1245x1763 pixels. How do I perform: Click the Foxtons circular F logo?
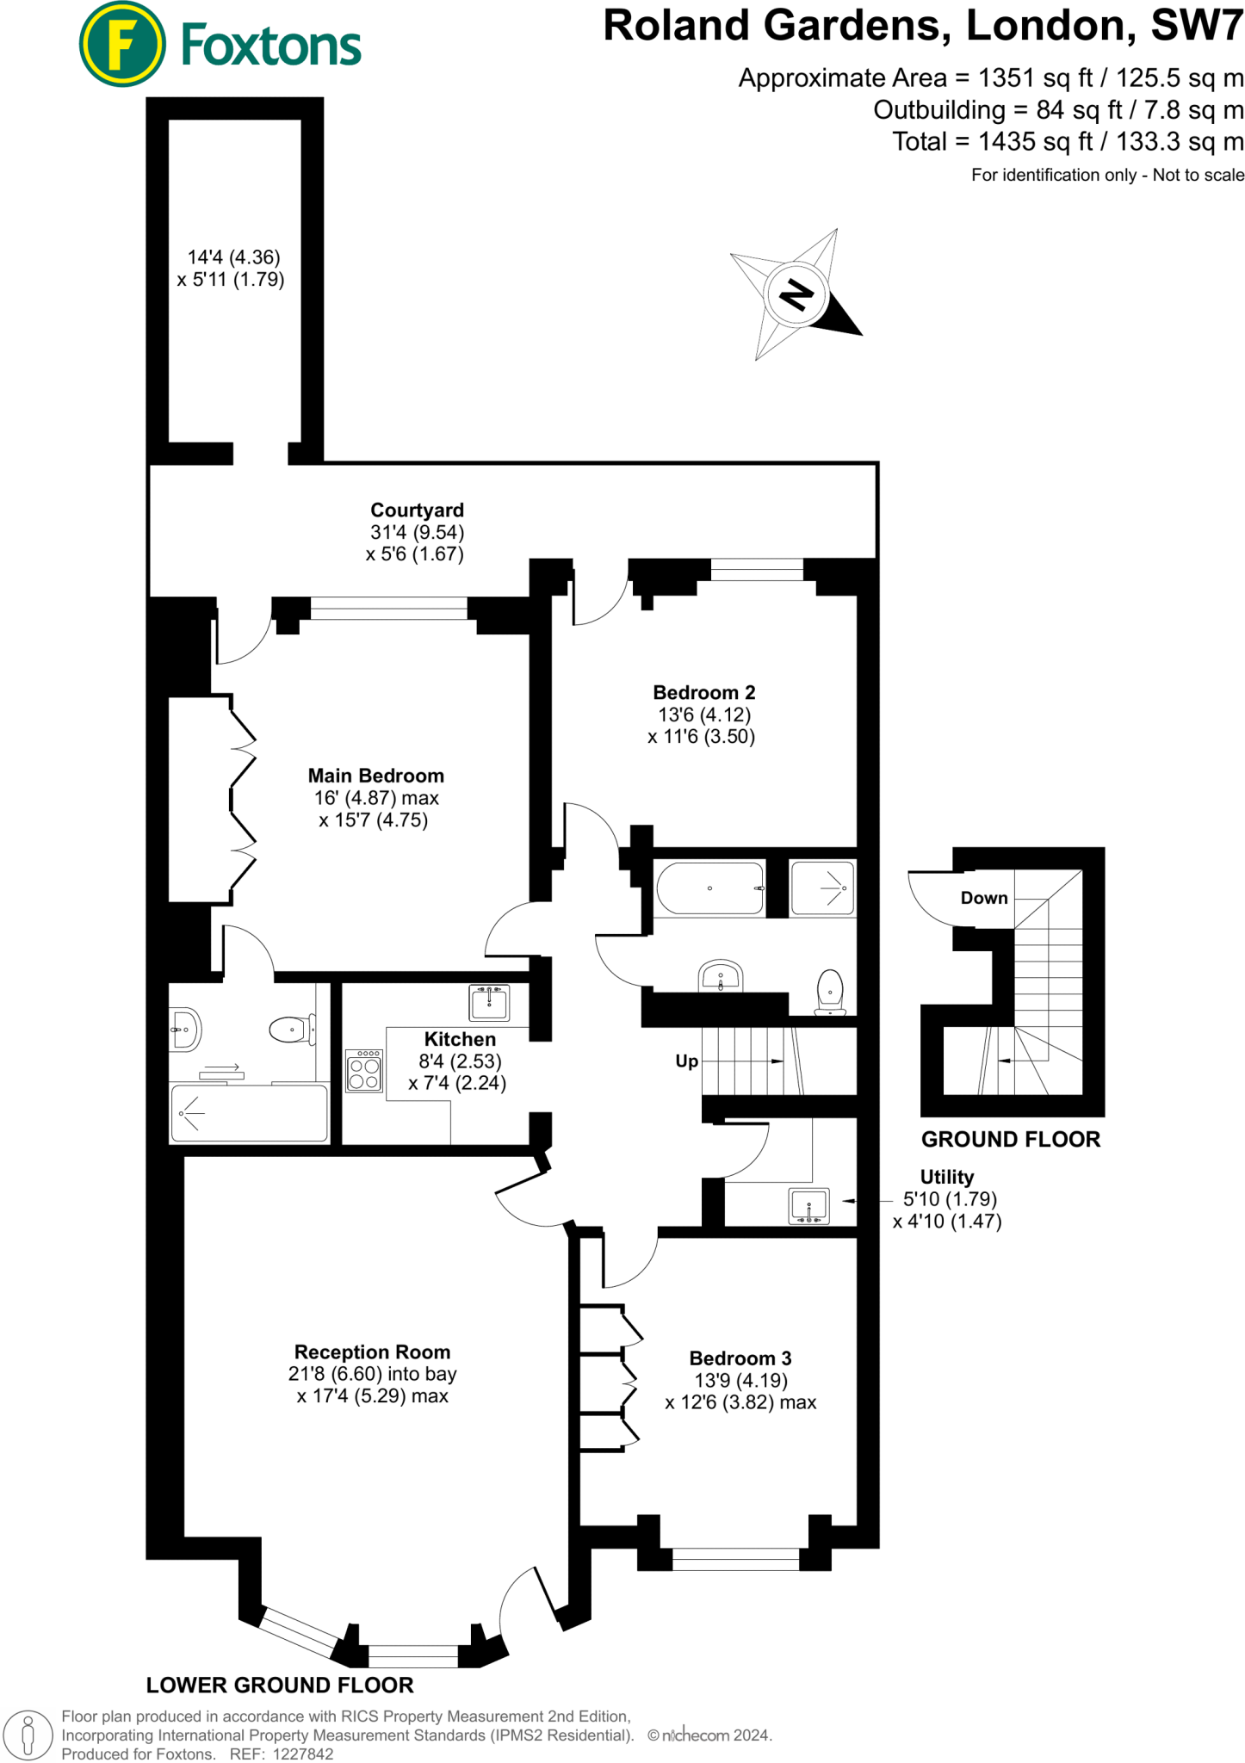(x=122, y=44)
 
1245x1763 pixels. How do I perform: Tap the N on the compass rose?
(x=796, y=295)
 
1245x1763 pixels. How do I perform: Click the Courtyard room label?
(x=417, y=510)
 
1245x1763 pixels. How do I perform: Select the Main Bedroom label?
(x=376, y=776)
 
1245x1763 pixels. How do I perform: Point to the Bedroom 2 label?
(x=703, y=692)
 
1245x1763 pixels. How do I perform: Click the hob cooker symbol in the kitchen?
(x=364, y=1070)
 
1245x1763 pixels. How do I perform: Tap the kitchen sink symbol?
(x=489, y=1002)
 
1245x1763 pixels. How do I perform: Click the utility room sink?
(x=808, y=1205)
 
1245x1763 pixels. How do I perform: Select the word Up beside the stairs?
(x=686, y=1061)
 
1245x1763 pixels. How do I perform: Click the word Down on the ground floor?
(x=983, y=898)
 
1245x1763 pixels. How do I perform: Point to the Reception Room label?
(x=372, y=1352)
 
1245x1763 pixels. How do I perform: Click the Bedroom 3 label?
(x=740, y=1358)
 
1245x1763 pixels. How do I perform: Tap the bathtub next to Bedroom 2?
(x=709, y=888)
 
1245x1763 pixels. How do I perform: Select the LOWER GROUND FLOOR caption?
(x=280, y=1685)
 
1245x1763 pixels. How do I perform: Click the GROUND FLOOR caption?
(x=1010, y=1139)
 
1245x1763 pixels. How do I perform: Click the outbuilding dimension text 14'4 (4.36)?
(x=233, y=257)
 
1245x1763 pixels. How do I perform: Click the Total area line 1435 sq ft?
(x=1068, y=141)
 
